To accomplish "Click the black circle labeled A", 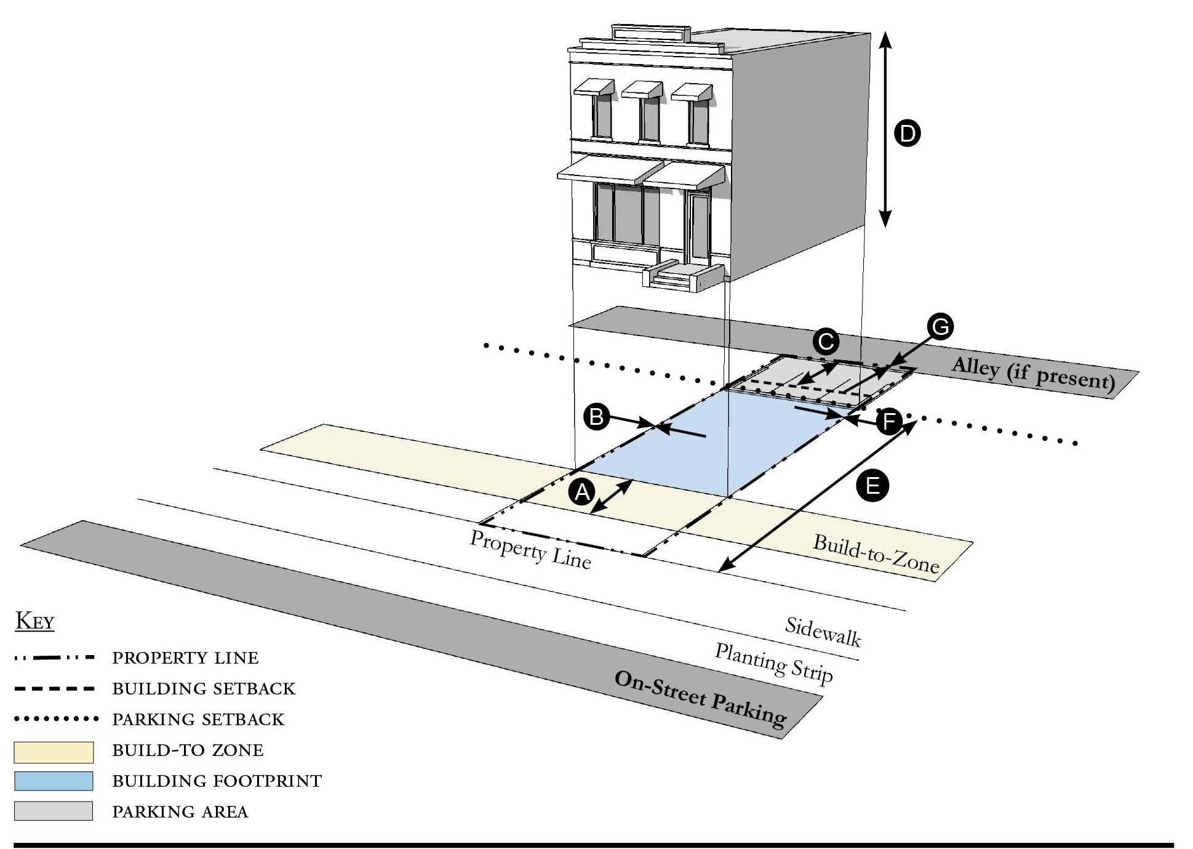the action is pyautogui.click(x=582, y=493).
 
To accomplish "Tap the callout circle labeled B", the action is pyautogui.click(x=596, y=417).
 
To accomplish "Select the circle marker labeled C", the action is pyautogui.click(x=826, y=342).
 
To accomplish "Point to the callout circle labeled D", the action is pyautogui.click(x=907, y=133).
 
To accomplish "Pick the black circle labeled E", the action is pyautogui.click(x=872, y=486).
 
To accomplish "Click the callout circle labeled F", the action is pyautogui.click(x=888, y=422).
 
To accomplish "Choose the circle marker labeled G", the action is pyautogui.click(x=941, y=327).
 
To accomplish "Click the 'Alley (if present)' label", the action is pyautogui.click(x=1033, y=374).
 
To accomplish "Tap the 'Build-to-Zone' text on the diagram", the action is pyautogui.click(x=876, y=553).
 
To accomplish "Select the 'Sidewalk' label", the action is pyautogui.click(x=823, y=632).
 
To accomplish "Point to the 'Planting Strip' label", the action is pyautogui.click(x=773, y=663).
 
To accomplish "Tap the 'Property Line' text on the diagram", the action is pyautogui.click(x=530, y=549).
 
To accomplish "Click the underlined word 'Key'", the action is pyautogui.click(x=35, y=621).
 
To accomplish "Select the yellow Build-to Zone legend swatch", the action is pyautogui.click(x=54, y=752).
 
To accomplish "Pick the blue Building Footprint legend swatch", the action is pyautogui.click(x=54, y=781).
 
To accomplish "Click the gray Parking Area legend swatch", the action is pyautogui.click(x=54, y=811).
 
